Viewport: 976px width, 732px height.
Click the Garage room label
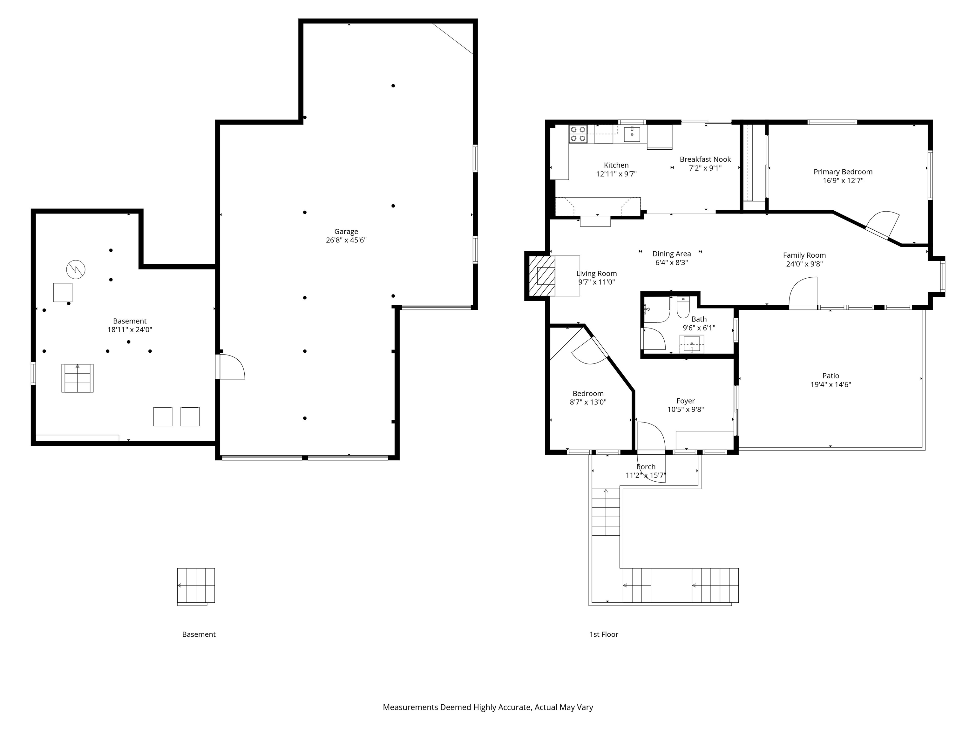click(346, 232)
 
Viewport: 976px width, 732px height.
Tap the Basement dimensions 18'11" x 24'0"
click(130, 329)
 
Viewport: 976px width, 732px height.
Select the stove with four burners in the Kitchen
click(578, 134)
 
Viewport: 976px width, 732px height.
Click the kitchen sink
click(632, 134)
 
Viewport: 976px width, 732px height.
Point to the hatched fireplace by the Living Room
click(541, 276)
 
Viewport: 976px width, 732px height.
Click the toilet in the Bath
click(683, 308)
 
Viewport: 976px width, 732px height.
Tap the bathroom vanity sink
click(691, 344)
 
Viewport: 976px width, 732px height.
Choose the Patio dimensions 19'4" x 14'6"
click(830, 384)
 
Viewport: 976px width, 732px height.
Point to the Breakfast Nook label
click(705, 159)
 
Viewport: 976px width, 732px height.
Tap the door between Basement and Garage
click(230, 367)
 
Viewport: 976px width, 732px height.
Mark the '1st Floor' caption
click(604, 634)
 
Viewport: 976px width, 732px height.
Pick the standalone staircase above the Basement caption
click(196, 586)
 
